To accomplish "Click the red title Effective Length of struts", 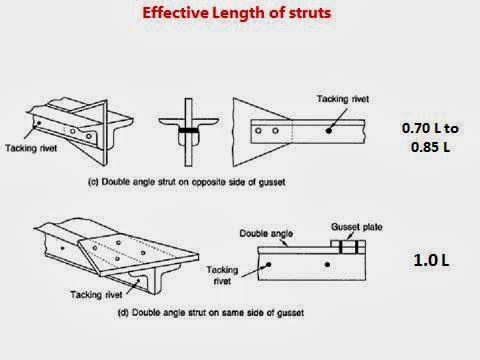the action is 237,13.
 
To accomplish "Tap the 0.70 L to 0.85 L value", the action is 430,137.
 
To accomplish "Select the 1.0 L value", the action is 431,260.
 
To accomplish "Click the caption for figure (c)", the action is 187,182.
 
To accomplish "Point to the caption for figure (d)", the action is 211,313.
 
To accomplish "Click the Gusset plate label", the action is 357,227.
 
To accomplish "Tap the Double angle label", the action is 266,234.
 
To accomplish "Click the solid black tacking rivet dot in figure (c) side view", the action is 329,131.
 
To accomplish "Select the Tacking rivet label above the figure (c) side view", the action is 343,99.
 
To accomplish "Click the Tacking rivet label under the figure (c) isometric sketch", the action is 31,148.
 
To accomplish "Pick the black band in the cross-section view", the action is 188,130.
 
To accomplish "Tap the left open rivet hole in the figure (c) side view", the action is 258,131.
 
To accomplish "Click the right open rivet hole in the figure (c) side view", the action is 275,131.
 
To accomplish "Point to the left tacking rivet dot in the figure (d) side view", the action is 268,265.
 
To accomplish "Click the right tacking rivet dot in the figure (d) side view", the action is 327,265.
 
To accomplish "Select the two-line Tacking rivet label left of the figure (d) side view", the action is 222,275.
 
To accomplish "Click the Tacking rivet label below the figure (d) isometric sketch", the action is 96,295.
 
